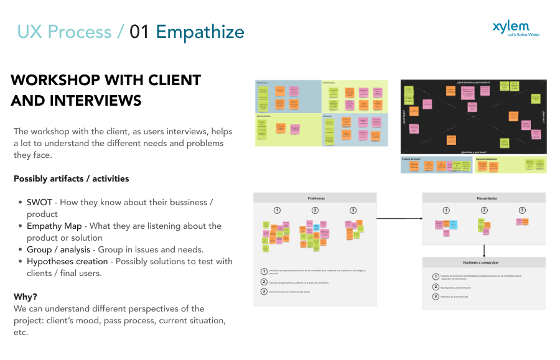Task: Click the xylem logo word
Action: pos(511,26)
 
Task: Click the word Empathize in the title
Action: pos(200,32)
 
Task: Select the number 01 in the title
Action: pos(139,32)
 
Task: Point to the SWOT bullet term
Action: pos(39,202)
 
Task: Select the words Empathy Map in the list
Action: pos(54,226)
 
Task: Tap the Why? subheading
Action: pos(26,297)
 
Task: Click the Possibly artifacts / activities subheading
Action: pos(72,178)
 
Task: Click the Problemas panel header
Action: pos(315,198)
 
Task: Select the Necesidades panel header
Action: pos(484,198)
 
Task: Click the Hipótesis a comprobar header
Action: pos(484,262)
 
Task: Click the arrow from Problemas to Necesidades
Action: pos(399,218)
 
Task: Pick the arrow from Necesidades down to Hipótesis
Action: pos(484,250)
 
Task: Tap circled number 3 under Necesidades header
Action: pos(522,210)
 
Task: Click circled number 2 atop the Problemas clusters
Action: pos(315,210)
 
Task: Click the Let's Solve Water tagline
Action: pos(523,35)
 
